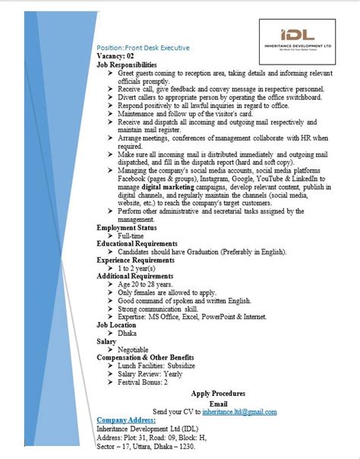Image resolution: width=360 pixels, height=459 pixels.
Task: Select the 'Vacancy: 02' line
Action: pyautogui.click(x=115, y=57)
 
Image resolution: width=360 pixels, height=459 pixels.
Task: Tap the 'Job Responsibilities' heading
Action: pyautogui.click(x=127, y=65)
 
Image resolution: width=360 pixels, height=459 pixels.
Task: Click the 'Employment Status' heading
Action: pyautogui.click(x=127, y=227)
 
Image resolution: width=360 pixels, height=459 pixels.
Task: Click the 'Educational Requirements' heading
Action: pyautogui.click(x=141, y=244)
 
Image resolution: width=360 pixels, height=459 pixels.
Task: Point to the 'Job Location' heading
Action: pyautogui.click(x=118, y=324)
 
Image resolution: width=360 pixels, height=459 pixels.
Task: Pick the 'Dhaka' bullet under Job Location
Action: pyautogui.click(x=129, y=333)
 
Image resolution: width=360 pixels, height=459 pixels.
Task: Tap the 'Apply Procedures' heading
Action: pyautogui.click(x=218, y=394)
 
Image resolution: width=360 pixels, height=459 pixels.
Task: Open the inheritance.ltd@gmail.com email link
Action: pyautogui.click(x=239, y=411)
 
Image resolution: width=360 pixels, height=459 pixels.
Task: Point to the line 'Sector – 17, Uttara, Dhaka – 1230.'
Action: pyautogui.click(x=153, y=446)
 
